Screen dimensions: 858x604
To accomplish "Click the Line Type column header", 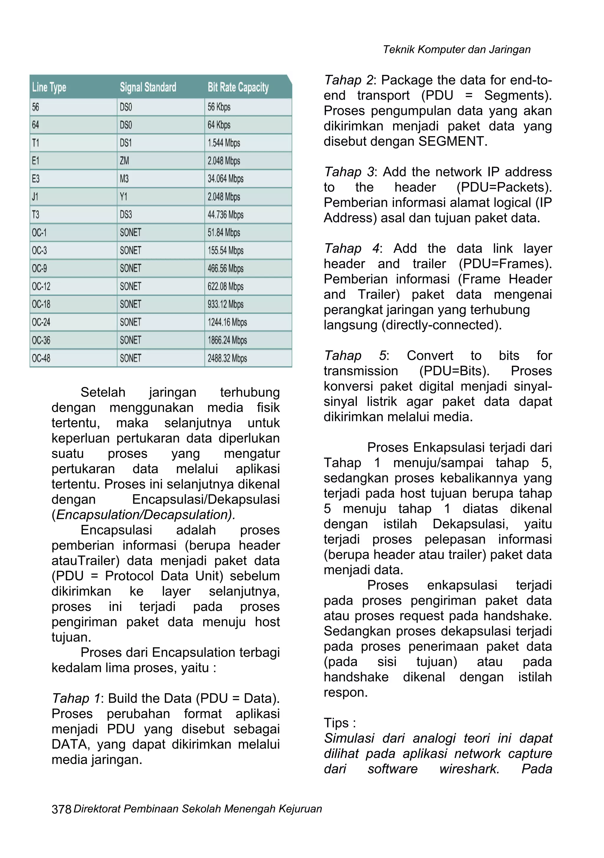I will (49, 88).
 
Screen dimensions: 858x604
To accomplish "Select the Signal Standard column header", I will (148, 88).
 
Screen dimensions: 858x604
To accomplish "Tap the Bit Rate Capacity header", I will (238, 88).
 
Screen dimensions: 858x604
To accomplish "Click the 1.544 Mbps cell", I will (224, 143).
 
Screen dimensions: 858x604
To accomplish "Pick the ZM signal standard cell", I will (124, 161).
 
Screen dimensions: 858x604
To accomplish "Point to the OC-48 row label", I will (41, 358).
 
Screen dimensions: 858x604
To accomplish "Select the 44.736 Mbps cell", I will (225, 215).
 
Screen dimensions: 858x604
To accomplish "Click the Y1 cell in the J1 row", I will (123, 197).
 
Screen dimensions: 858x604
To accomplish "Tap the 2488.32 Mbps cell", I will (227, 358).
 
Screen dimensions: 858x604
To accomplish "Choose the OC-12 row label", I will (41, 287).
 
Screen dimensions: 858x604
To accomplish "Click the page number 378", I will (61, 809).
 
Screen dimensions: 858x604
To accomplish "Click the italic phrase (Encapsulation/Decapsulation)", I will (144, 515).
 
